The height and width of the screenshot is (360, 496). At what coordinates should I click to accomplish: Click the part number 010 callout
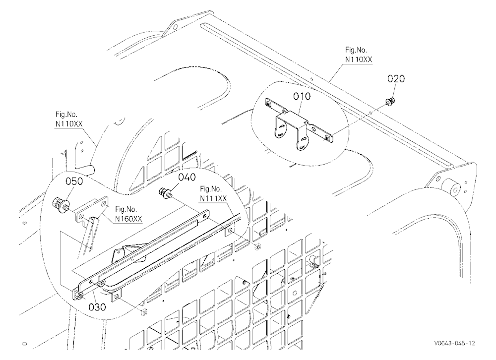(302, 96)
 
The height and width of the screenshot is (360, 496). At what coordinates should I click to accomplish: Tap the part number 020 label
(396, 79)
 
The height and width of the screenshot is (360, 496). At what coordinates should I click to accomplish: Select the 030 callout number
(97, 307)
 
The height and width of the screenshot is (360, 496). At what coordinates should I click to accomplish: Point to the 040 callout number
(187, 177)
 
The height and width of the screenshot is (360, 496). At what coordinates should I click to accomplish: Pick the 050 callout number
(74, 181)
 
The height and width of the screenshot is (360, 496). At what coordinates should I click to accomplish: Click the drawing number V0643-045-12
(454, 343)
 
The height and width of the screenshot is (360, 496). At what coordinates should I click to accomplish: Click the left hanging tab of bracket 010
(280, 131)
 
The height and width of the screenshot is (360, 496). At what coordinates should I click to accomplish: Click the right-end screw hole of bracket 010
(327, 138)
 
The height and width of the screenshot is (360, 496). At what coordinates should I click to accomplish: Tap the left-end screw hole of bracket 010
(268, 103)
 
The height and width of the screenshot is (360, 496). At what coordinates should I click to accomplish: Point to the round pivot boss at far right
(454, 190)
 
